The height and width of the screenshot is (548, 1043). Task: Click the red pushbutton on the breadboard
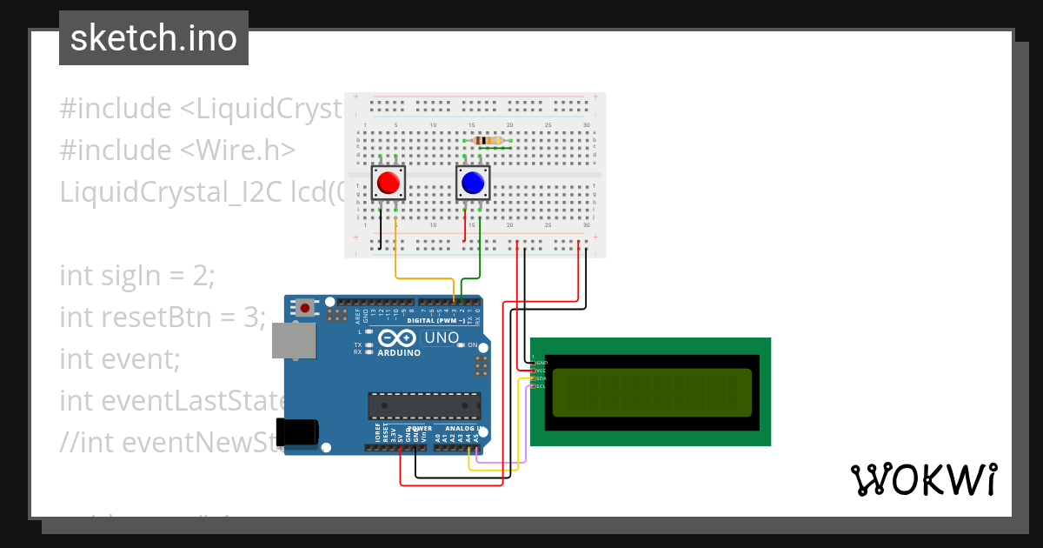coord(388,183)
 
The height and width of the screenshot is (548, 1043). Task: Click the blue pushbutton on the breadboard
coord(473,183)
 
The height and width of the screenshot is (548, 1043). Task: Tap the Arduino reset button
coord(306,307)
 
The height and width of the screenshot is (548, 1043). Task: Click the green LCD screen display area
coord(651,392)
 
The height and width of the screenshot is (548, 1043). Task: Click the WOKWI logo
coord(923,479)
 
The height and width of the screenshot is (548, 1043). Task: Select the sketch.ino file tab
coord(154,38)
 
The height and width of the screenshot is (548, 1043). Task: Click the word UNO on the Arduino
coord(441,337)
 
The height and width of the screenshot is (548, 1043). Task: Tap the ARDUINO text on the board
coord(399,353)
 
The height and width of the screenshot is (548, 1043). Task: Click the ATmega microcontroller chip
coord(423,406)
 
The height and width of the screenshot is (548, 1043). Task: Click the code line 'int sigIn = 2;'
coord(137,276)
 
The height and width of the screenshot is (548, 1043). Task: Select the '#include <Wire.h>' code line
coord(177,150)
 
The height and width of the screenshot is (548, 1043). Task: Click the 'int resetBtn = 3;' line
coord(162,317)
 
